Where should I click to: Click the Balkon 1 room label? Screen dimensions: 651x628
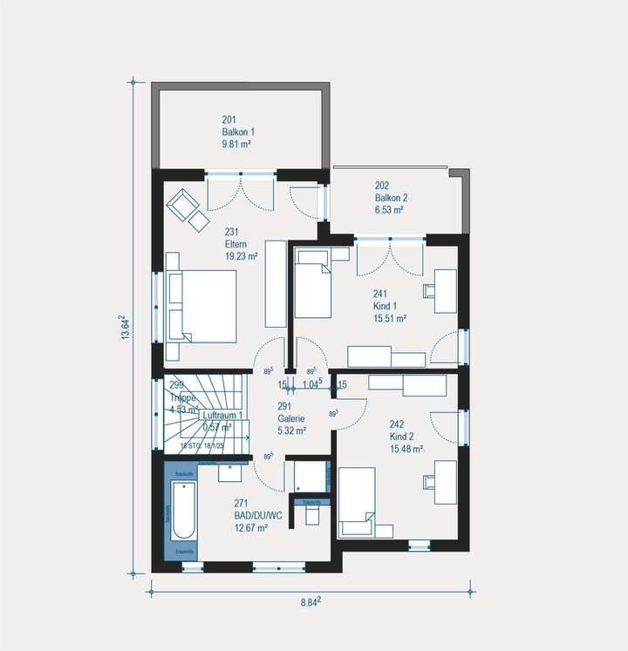point(236,132)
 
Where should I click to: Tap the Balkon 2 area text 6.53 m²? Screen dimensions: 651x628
point(390,210)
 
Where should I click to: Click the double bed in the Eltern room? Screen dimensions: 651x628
point(201,305)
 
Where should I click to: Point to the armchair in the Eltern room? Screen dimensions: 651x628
point(184,206)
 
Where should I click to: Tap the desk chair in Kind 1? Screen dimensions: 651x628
point(432,291)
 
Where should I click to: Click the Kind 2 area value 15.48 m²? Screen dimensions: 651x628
point(406,449)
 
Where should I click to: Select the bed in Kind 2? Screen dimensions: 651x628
point(356,502)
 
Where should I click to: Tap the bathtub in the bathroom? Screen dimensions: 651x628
point(183,512)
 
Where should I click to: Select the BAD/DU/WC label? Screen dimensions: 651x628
point(258,515)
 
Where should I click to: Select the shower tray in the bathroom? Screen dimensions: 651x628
point(308,477)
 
